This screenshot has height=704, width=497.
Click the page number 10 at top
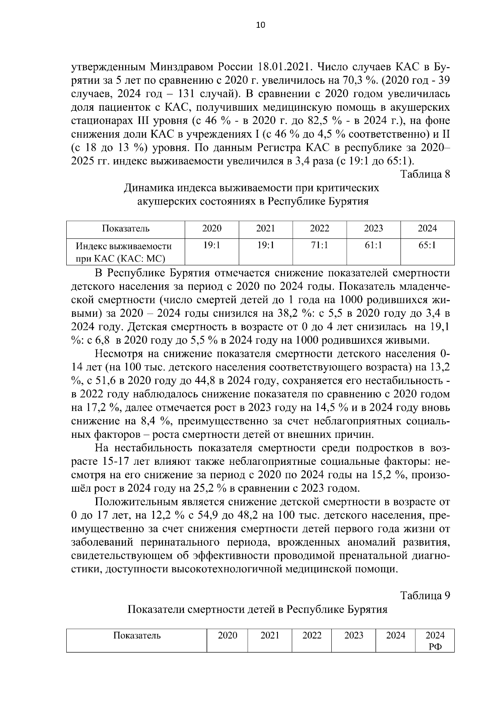tap(261, 25)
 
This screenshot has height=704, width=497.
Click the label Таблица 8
tap(425, 174)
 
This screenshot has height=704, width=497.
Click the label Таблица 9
tap(425, 595)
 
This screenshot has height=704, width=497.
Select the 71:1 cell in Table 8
tap(319, 245)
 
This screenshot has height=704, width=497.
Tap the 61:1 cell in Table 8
tap(373, 245)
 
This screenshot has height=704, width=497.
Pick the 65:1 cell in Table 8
tap(427, 245)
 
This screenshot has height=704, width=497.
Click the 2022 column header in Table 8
tap(319, 228)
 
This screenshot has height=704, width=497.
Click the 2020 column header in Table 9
tap(227, 636)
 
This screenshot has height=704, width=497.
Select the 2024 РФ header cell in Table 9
tap(435, 641)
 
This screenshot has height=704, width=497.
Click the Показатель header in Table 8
tap(126, 228)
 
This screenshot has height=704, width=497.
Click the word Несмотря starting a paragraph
tap(120, 354)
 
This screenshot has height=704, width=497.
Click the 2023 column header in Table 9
tap(353, 636)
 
